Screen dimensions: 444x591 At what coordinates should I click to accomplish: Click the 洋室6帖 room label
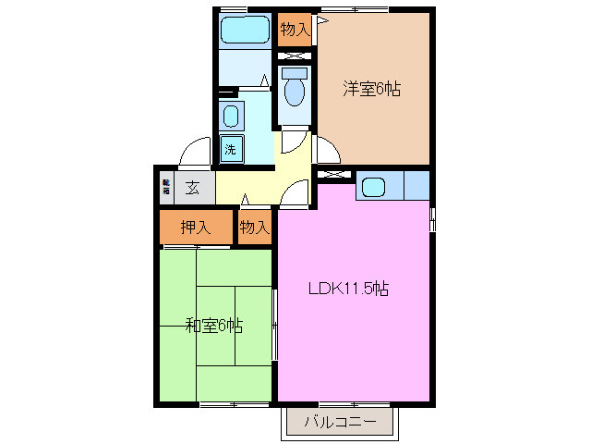coord(372,90)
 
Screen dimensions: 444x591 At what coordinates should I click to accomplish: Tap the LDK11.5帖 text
coord(348,288)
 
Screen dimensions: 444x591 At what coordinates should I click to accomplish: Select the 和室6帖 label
coord(213,325)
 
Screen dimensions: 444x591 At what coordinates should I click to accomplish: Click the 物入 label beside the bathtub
coord(295,31)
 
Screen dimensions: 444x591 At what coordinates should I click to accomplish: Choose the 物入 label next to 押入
coord(254,227)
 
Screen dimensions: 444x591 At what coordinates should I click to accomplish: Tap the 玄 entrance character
coord(193,187)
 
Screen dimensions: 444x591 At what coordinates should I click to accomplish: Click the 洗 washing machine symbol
coord(230,148)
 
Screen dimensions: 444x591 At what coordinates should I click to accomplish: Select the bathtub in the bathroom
coord(246,29)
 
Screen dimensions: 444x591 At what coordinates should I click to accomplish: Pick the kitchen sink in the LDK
coord(373,186)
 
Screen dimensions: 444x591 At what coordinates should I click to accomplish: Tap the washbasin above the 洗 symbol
coord(231,117)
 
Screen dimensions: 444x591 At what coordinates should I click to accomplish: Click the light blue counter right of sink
coord(416,185)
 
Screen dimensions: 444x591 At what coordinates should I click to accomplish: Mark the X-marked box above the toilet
coord(295,56)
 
